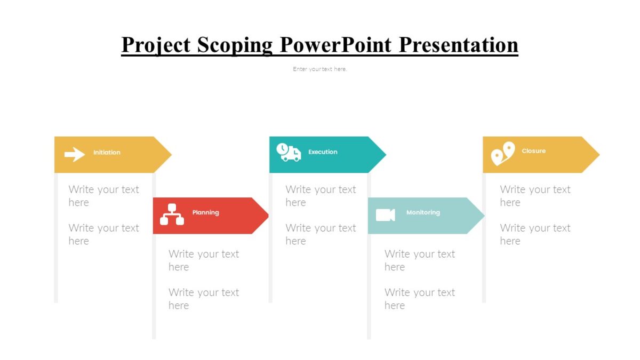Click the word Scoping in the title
(236, 45)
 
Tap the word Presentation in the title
(459, 45)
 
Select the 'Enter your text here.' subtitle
(319, 69)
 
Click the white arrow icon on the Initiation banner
(75, 155)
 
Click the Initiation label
(107, 153)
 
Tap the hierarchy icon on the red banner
(172, 214)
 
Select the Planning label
(205, 212)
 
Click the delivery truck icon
(289, 152)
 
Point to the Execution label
(323, 152)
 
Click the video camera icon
(385, 215)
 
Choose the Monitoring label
(423, 212)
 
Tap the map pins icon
(502, 154)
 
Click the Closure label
(533, 151)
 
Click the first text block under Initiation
(103, 196)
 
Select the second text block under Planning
(204, 299)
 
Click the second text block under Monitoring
(420, 299)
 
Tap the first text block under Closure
(535, 196)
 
